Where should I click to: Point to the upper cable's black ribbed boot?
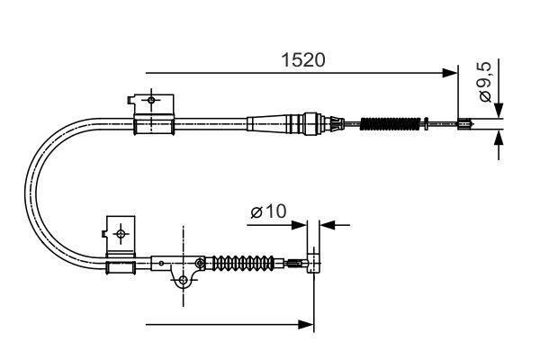390,123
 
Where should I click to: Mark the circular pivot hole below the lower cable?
184,282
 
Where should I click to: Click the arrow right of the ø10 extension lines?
327,223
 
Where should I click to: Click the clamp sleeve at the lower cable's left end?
121,266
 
